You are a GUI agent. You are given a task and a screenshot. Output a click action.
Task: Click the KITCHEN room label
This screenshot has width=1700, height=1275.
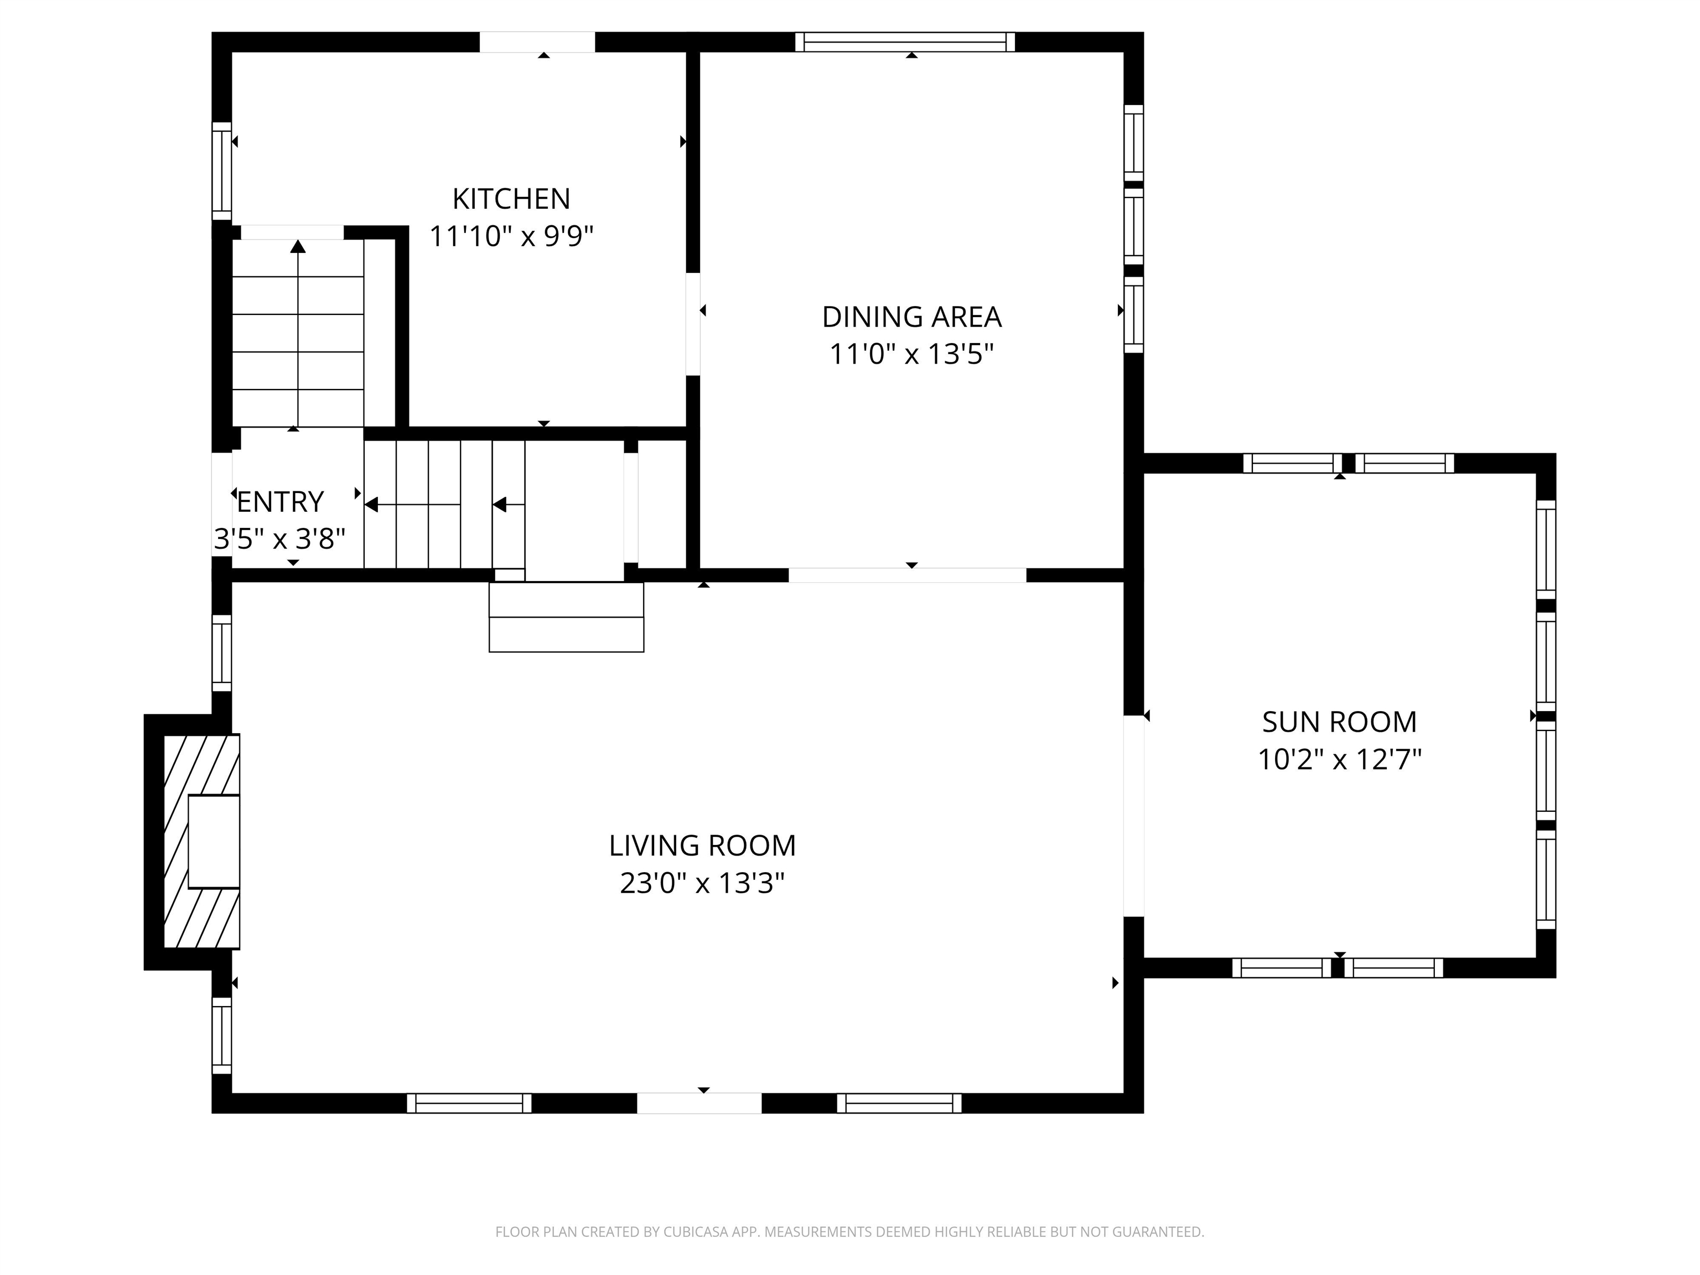[x=511, y=199]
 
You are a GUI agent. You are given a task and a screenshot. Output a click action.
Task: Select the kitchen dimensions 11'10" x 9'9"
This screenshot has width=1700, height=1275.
[x=511, y=236]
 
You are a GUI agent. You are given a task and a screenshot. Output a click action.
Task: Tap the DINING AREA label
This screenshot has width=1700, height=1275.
[x=911, y=317]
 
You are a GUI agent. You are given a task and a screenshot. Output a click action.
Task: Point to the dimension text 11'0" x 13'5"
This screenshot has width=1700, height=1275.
[x=911, y=354]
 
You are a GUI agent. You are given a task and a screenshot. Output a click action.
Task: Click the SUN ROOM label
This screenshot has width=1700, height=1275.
[x=1339, y=722]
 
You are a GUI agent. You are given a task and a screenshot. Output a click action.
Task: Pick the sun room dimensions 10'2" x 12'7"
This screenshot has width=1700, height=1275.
[x=1339, y=759]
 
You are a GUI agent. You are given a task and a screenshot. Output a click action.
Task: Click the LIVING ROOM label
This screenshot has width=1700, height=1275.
[x=702, y=846]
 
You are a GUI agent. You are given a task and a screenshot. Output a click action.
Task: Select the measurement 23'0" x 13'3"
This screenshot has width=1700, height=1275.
[x=702, y=883]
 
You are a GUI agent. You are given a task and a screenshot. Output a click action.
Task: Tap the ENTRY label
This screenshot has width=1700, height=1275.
[x=281, y=502]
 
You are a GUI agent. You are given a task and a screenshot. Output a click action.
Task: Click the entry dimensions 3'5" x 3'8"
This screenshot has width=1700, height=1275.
[x=280, y=539]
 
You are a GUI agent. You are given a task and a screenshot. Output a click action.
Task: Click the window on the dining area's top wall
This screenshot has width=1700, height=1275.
[x=905, y=42]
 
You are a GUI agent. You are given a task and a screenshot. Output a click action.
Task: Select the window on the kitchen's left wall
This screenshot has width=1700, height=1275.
[x=221, y=170]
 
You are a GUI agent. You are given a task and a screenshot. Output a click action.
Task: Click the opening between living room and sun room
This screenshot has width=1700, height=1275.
[x=1133, y=816]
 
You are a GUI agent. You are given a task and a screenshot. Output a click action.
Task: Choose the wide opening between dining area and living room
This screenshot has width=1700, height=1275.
[x=907, y=575]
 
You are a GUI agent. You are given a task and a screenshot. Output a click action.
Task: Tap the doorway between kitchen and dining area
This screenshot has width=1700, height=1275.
[x=692, y=324]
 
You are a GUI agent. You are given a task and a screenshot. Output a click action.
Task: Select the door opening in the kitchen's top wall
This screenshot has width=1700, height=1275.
[x=537, y=42]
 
